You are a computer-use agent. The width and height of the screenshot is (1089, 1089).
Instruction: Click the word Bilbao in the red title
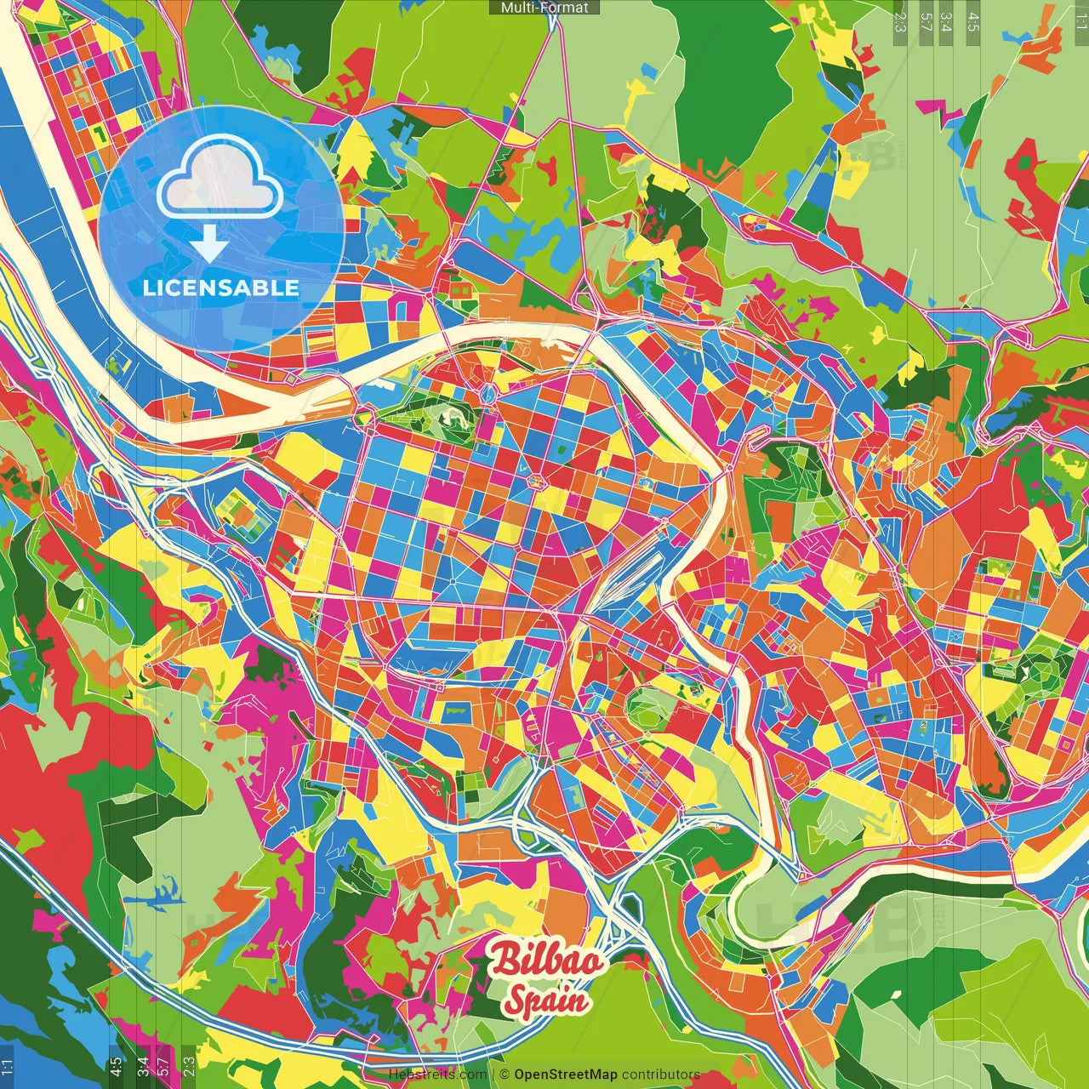click(548, 961)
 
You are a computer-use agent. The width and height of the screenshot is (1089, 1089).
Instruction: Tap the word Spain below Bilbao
click(544, 1000)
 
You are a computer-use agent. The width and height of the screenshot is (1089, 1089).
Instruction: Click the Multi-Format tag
click(544, 8)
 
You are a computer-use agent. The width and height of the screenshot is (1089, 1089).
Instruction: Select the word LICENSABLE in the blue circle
click(221, 288)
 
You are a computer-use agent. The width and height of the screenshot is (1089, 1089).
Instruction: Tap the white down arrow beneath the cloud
click(208, 243)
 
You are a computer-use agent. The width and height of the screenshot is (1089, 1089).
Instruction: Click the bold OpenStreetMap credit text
click(565, 1075)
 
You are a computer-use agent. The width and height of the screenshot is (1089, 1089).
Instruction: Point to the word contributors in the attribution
click(661, 1075)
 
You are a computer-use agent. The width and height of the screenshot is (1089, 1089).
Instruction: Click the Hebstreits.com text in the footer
click(437, 1075)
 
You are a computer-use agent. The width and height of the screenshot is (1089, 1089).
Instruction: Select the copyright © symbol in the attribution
click(504, 1075)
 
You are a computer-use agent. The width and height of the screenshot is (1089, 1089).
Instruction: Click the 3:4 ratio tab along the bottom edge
click(142, 1066)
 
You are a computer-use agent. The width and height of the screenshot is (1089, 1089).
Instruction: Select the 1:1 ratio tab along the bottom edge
click(8, 1066)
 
